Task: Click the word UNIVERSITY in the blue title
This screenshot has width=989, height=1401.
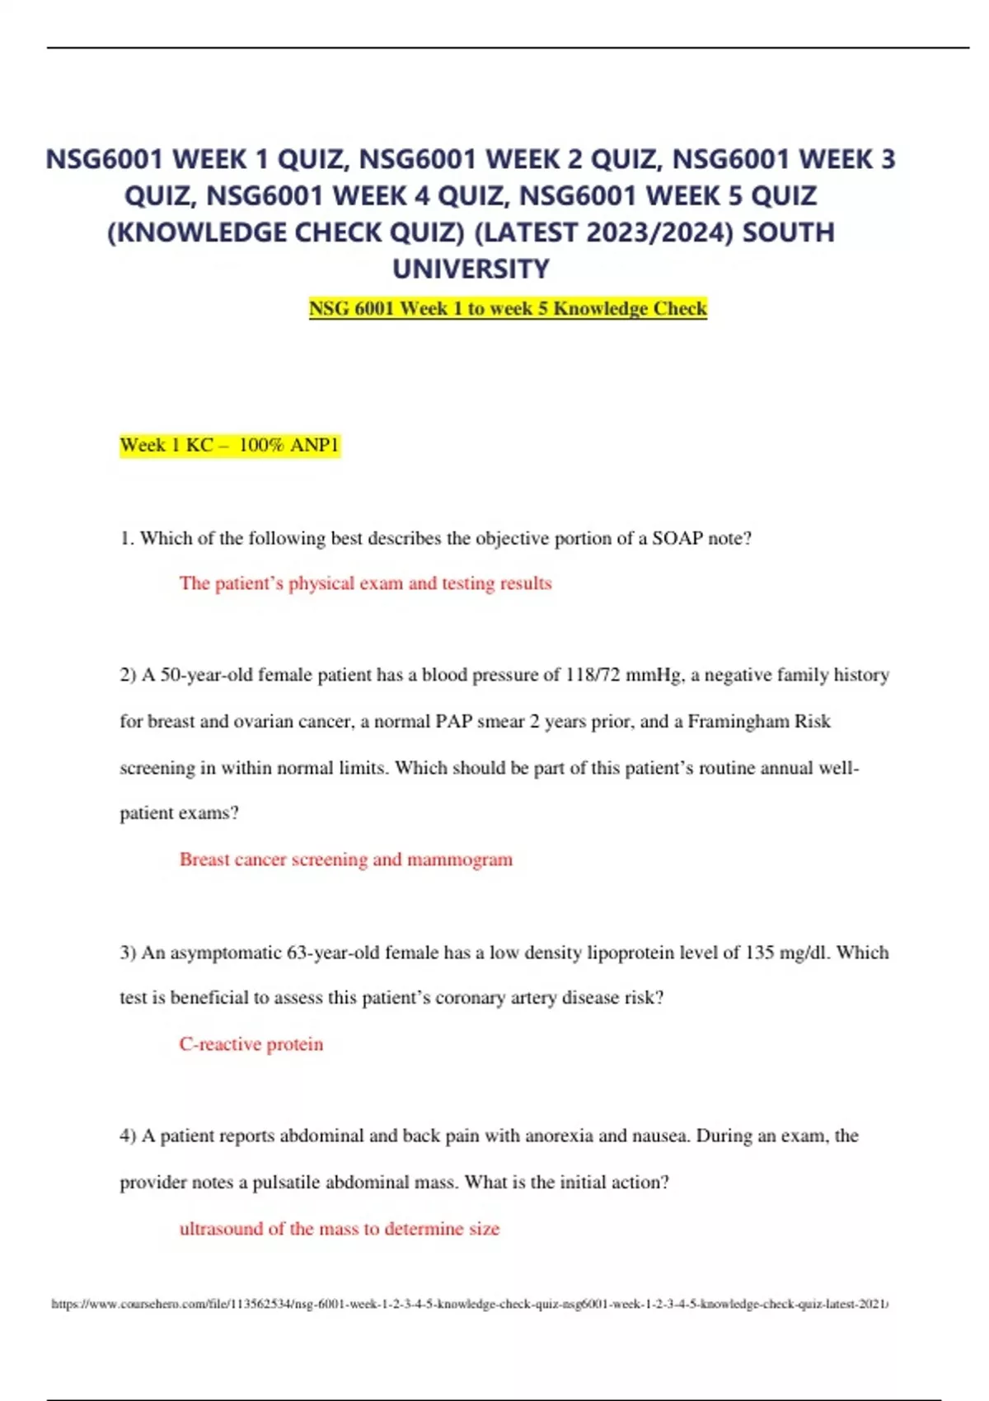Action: (471, 269)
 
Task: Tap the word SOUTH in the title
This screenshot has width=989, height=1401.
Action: (788, 232)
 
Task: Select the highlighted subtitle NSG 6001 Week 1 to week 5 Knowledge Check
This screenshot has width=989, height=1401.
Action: (508, 308)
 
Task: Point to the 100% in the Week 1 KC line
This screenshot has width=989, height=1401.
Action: (261, 445)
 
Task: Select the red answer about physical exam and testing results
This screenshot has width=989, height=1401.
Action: (365, 583)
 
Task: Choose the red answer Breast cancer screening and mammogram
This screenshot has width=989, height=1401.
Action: (345, 860)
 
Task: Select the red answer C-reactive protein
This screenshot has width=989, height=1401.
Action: (251, 1044)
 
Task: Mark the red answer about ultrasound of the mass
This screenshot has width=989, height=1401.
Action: (339, 1229)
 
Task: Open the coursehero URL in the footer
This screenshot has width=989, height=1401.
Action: (469, 1304)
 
